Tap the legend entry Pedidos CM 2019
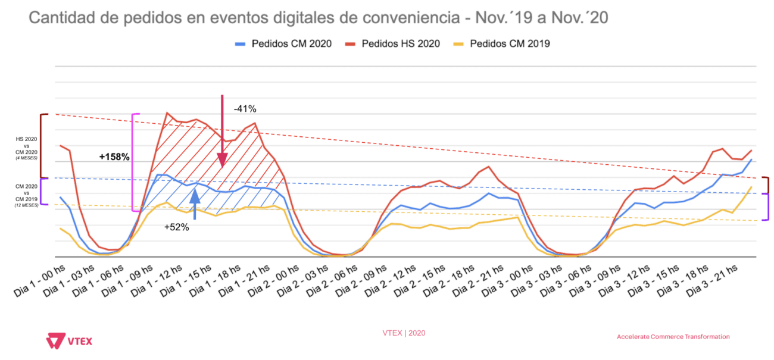[x=510, y=43]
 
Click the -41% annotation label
[x=245, y=109]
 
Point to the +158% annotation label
[x=114, y=157]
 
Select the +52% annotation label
[x=177, y=227]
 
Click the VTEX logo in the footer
[x=69, y=340]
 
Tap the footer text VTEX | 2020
[x=404, y=333]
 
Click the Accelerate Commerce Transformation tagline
[x=673, y=337]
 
